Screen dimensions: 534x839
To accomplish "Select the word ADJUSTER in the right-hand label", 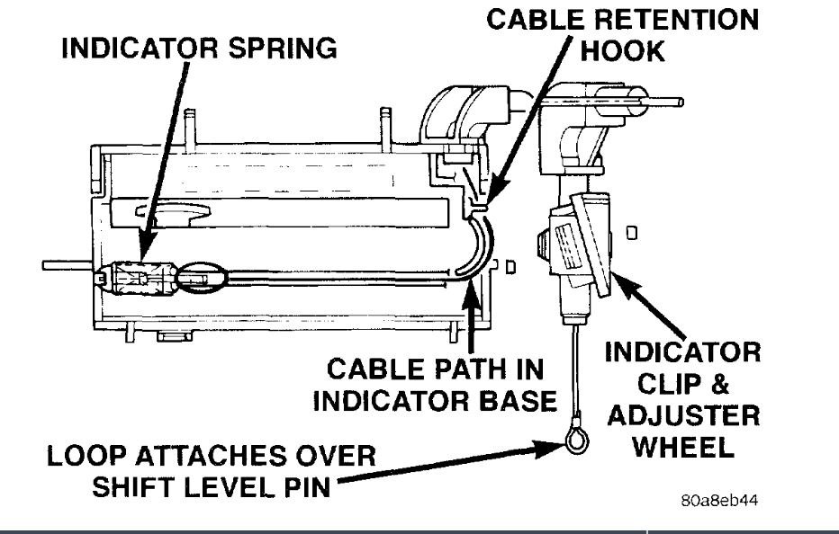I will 682,415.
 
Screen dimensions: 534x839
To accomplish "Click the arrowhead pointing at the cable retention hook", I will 488,200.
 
